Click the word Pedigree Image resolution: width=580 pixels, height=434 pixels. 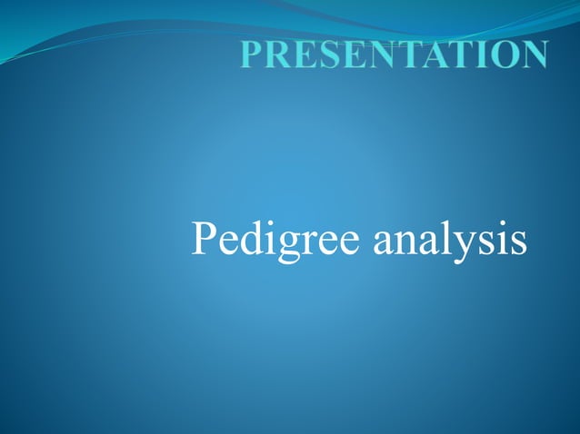264,241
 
